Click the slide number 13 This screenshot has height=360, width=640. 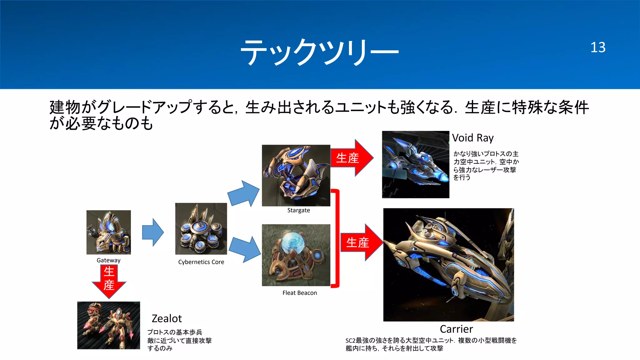point(598,47)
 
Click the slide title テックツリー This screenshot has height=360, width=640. point(319,52)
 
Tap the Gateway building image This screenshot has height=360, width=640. point(108,232)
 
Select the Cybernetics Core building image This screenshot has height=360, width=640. point(201,229)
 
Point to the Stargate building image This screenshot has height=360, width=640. point(296,175)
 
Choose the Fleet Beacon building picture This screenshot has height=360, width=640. point(296,255)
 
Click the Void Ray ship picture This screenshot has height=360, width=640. point(415,164)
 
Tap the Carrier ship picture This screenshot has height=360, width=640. point(448,265)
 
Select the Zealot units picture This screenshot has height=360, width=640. point(108,325)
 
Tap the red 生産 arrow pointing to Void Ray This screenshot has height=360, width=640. point(352,158)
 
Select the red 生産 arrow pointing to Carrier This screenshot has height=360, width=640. point(361,242)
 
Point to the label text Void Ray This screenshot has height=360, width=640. point(473,138)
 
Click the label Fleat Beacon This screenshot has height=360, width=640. point(299,293)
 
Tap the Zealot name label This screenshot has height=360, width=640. point(167,318)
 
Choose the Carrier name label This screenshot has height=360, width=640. point(456,329)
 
